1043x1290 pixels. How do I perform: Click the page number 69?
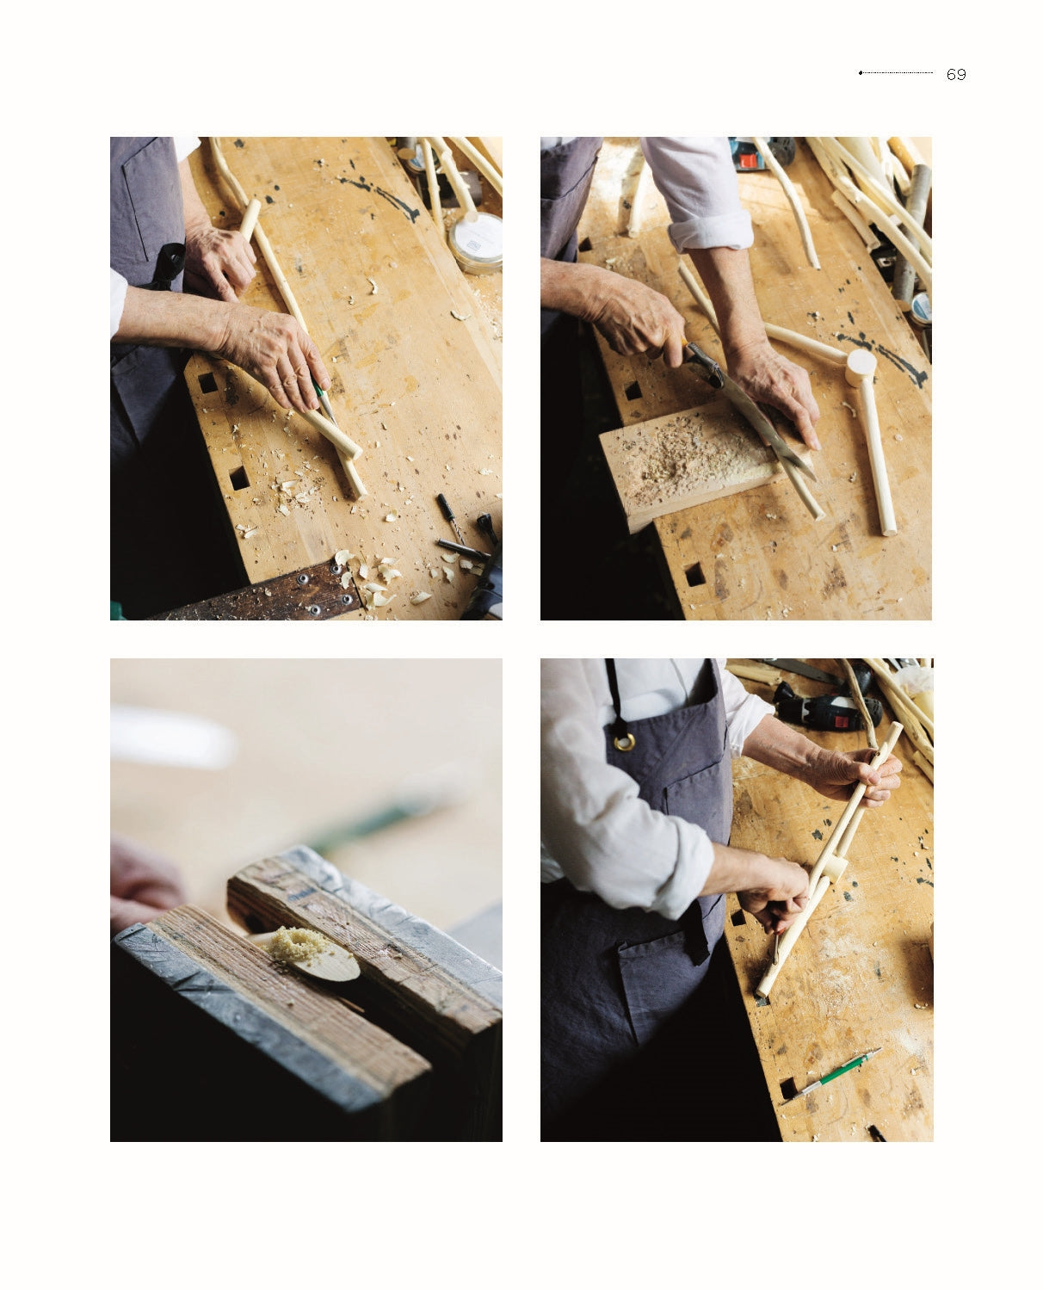pyautogui.click(x=956, y=75)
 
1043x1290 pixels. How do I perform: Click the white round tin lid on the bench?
pyautogui.click(x=476, y=241)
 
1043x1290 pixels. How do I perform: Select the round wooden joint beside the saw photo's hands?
pyautogui.click(x=860, y=367)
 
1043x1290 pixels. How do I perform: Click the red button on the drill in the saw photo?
pyautogui.click(x=748, y=161)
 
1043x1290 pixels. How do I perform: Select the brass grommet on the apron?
pyautogui.click(x=625, y=741)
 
